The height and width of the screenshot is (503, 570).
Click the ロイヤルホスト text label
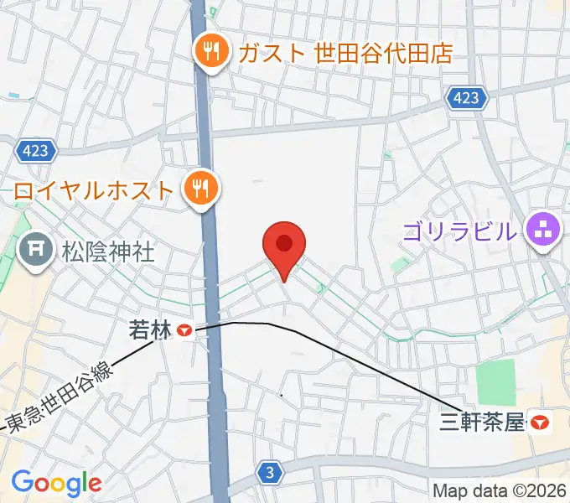coord(92,189)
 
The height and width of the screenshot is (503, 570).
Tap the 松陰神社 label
coord(108,250)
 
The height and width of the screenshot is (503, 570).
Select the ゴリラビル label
coord(459,230)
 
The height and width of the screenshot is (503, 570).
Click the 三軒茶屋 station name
coord(482,422)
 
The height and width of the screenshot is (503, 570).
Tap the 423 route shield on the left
coord(36,151)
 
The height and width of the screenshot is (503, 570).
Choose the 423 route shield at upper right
coord(466,98)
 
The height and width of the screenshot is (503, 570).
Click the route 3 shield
coord(268,472)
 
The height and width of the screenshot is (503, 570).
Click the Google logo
coord(56,483)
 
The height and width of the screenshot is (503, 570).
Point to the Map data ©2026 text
coord(500,490)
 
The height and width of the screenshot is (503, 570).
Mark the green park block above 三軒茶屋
coord(495,382)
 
